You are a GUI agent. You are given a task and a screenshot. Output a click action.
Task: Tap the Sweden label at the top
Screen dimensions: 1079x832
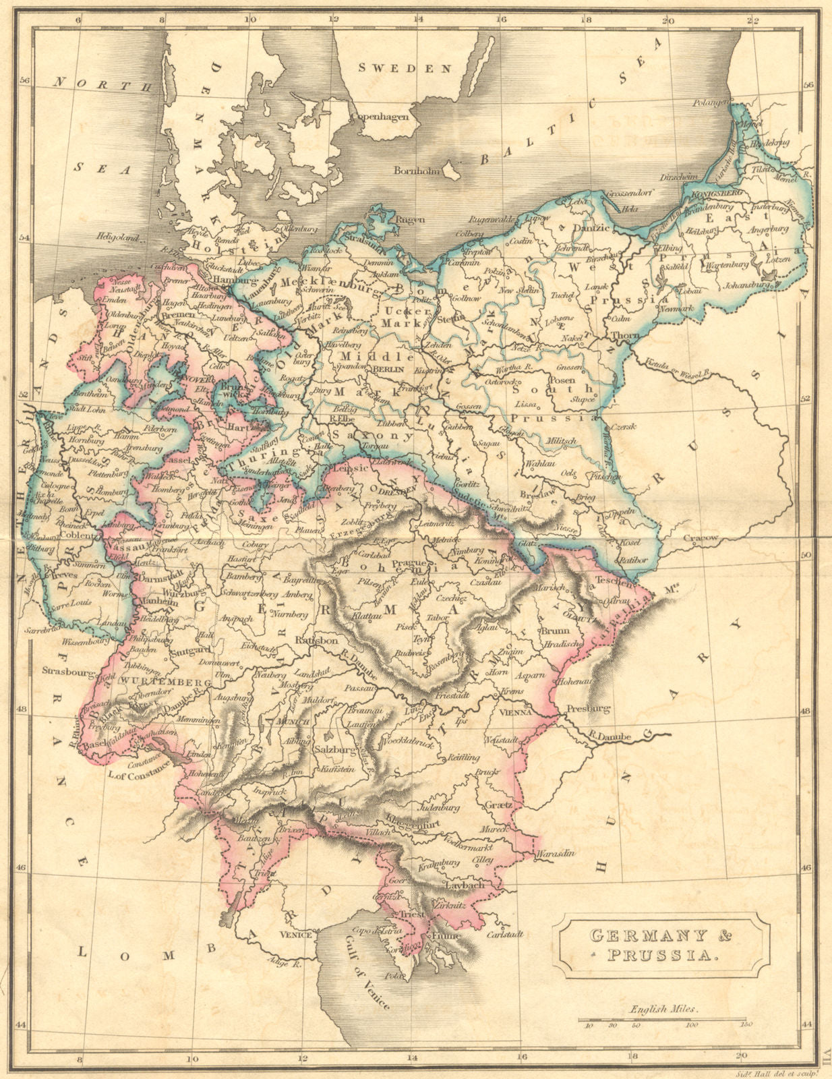[405, 68]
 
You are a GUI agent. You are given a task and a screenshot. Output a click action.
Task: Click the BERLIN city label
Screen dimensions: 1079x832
[387, 370]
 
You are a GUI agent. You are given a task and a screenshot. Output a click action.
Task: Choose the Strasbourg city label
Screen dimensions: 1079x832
[67, 671]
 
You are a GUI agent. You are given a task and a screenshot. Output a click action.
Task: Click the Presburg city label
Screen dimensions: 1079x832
[587, 709]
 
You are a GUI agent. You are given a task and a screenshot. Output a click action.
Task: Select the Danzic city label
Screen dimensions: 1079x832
[590, 229]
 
